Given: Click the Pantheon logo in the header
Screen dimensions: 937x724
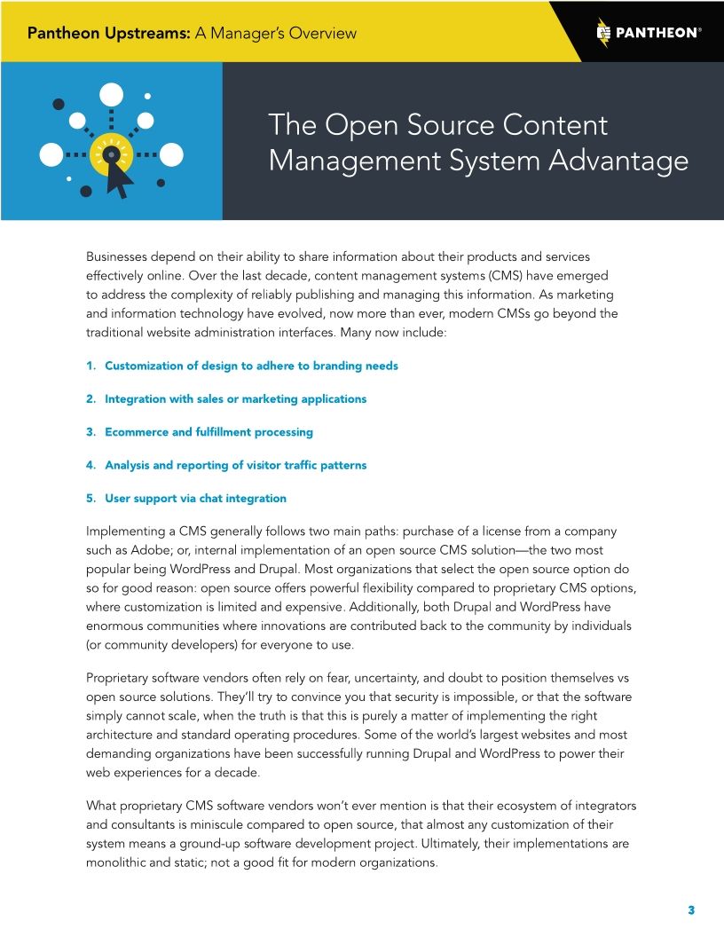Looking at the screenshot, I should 649,33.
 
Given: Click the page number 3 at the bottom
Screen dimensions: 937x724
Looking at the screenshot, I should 690,910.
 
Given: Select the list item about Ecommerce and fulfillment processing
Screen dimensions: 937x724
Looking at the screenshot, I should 209,432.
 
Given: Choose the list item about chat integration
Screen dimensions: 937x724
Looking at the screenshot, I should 195,498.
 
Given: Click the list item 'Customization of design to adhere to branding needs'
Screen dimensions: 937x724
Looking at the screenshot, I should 251,366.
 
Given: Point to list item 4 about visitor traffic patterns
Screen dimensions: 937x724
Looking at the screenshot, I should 235,465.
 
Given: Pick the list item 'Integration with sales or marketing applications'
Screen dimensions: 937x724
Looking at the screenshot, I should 235,399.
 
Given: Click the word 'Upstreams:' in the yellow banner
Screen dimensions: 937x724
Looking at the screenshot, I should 144,34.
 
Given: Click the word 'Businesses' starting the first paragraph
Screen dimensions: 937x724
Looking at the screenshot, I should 120,256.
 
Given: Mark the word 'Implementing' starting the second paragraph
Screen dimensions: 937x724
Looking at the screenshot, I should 125,531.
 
